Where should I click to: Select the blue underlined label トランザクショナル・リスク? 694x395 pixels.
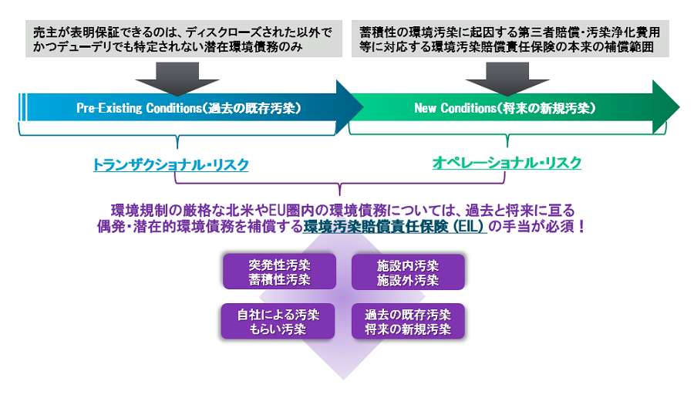point(170,165)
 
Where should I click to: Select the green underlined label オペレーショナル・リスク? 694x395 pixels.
point(507,163)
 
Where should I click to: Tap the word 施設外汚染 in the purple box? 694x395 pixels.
point(408,280)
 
